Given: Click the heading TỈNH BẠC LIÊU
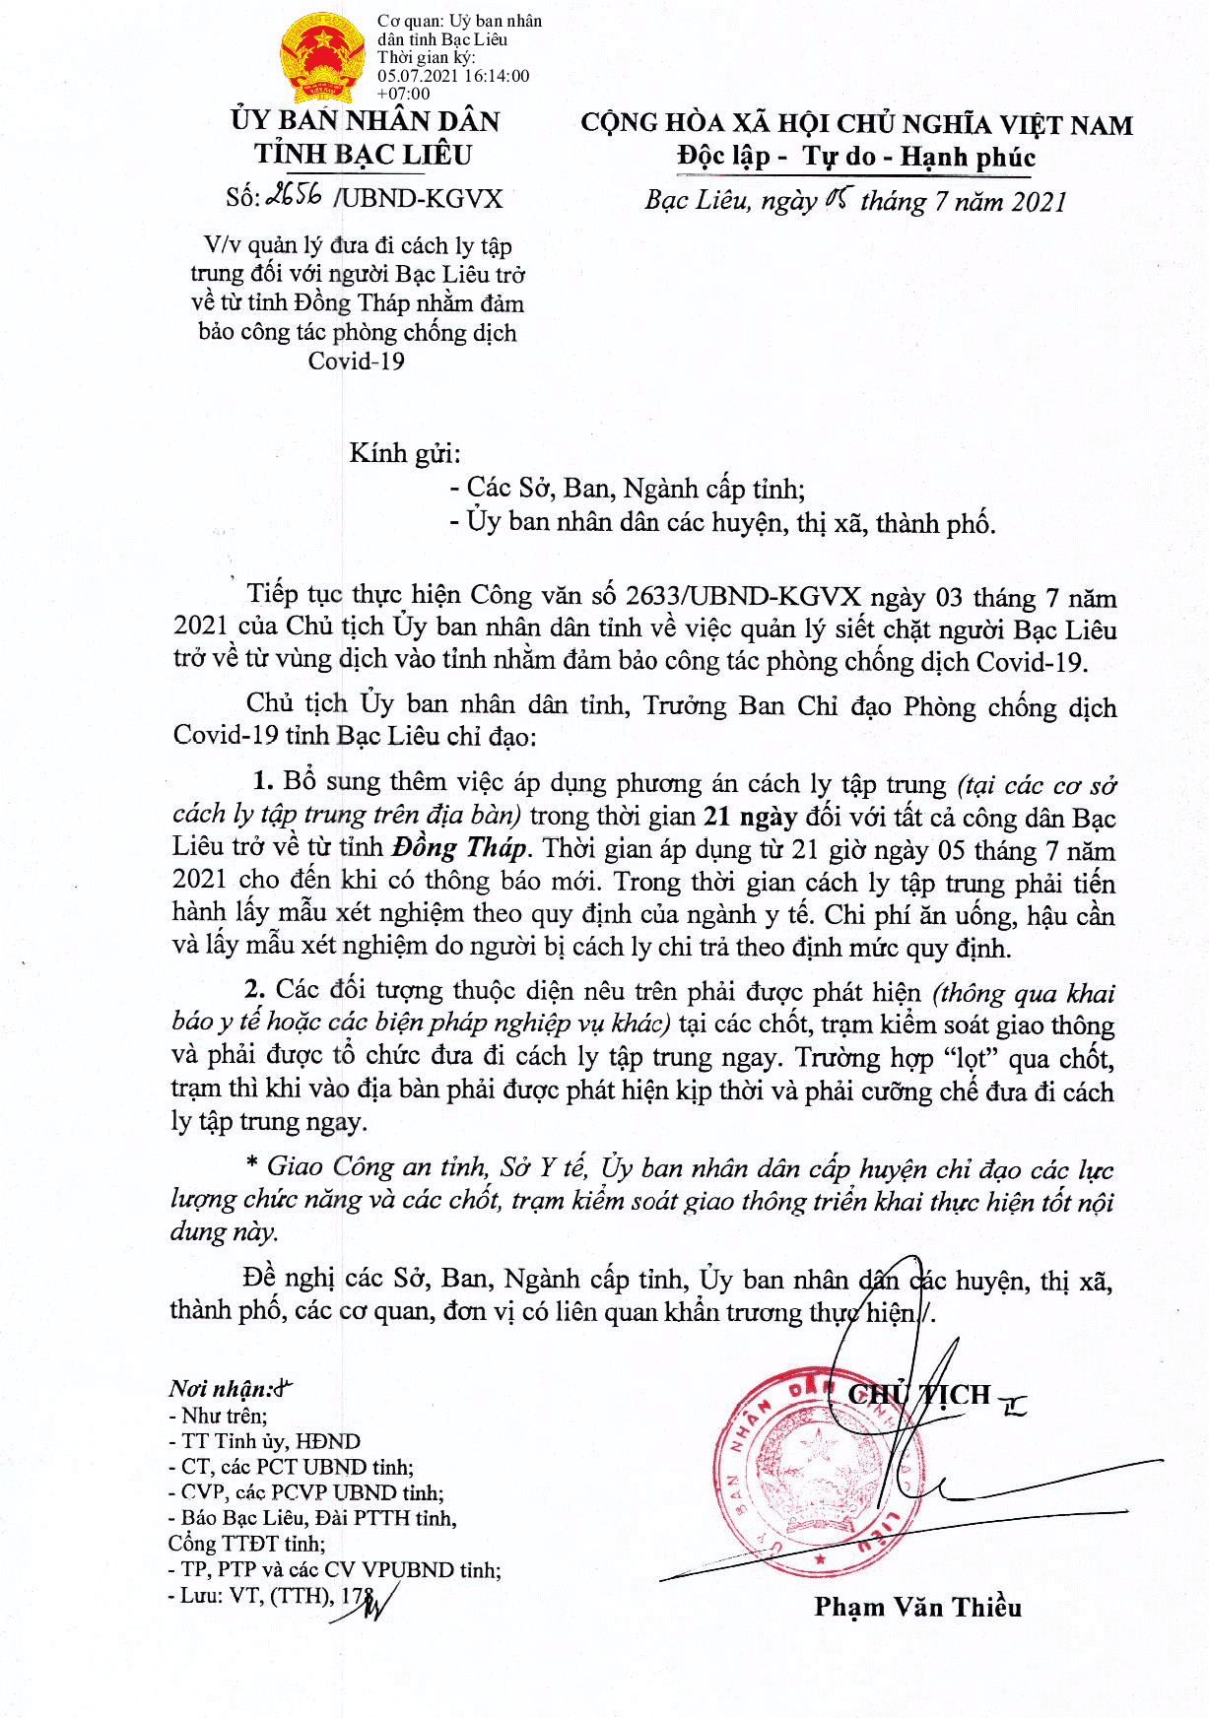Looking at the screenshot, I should pyautogui.click(x=364, y=155).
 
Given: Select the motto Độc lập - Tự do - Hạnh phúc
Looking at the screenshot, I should pyautogui.click(x=855, y=157).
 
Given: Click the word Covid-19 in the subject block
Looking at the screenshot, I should pyautogui.click(x=357, y=362).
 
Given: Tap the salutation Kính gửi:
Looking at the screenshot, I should pyautogui.click(x=405, y=453).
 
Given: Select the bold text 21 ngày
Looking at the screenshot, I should pyautogui.click(x=749, y=817).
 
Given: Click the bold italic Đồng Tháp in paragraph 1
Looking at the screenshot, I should pyautogui.click(x=460, y=848).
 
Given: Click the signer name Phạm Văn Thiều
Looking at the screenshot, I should pyautogui.click(x=917, y=1608).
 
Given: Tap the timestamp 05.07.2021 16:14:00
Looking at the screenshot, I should pyautogui.click(x=453, y=76).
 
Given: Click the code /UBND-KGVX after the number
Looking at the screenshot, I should pyautogui.click(x=419, y=198).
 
